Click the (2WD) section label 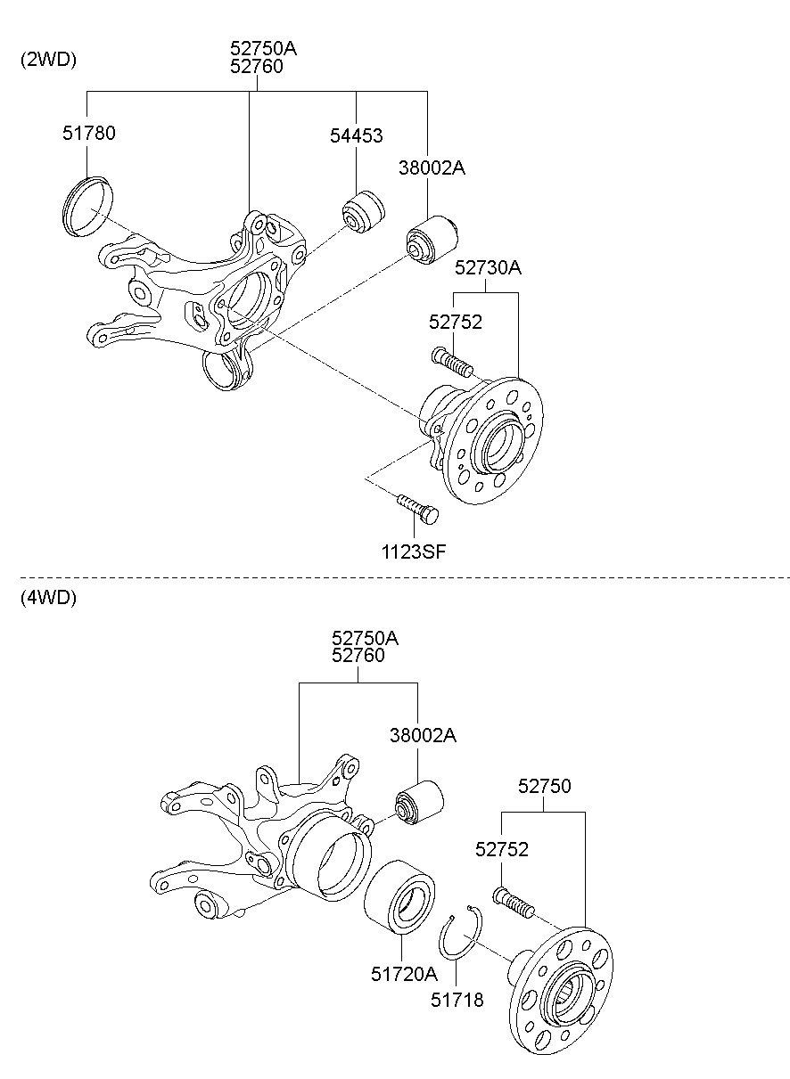(48, 60)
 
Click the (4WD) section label (48, 598)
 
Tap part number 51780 (88, 134)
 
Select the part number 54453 (356, 135)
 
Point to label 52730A (488, 267)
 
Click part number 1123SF (414, 552)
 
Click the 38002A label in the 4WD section (422, 735)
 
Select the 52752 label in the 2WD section (455, 322)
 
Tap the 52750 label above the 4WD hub (544, 786)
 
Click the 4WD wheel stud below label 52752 (514, 900)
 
